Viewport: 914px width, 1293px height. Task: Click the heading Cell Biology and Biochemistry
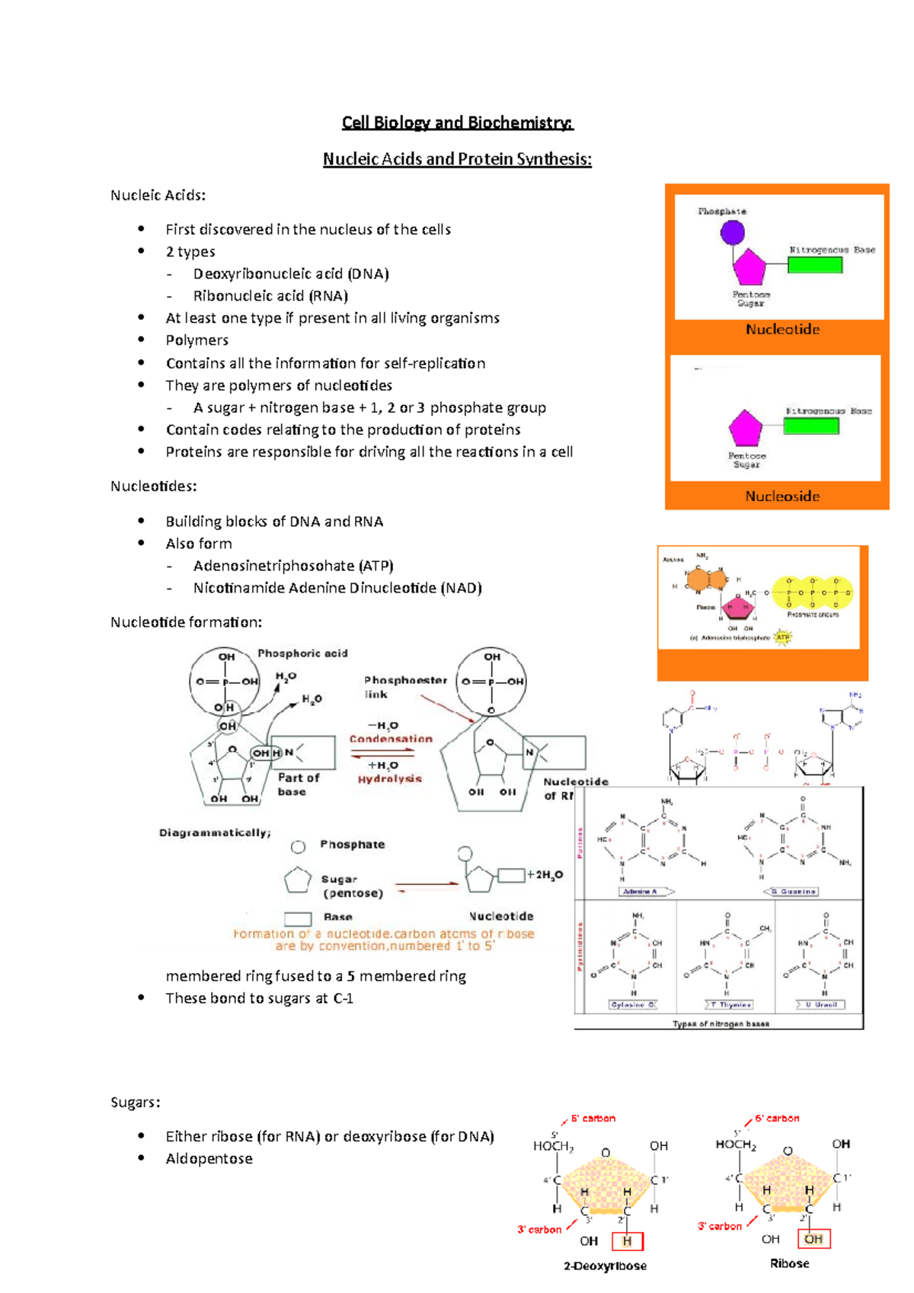click(x=457, y=123)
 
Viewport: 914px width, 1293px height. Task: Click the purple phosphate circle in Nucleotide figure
click(x=732, y=232)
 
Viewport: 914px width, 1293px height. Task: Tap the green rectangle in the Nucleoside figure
click(x=811, y=426)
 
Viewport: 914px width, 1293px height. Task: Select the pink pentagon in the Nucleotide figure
click(x=749, y=267)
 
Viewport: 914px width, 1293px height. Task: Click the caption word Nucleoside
click(x=782, y=496)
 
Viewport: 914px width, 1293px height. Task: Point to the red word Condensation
click(x=391, y=739)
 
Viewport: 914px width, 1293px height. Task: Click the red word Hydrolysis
click(x=390, y=779)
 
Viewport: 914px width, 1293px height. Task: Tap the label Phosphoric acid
click(x=302, y=653)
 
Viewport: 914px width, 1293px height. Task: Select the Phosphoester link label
click(x=404, y=687)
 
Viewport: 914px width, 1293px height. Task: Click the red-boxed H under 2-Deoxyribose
click(x=627, y=1241)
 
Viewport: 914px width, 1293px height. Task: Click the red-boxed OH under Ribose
click(x=813, y=1239)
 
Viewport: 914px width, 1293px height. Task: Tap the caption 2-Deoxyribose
click(x=605, y=1266)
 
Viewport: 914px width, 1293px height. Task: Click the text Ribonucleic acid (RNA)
click(x=270, y=296)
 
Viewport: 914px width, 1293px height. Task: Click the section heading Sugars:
click(x=136, y=1103)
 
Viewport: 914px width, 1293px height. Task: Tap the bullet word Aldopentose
click(x=209, y=1159)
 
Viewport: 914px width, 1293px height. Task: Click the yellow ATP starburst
click(x=782, y=637)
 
